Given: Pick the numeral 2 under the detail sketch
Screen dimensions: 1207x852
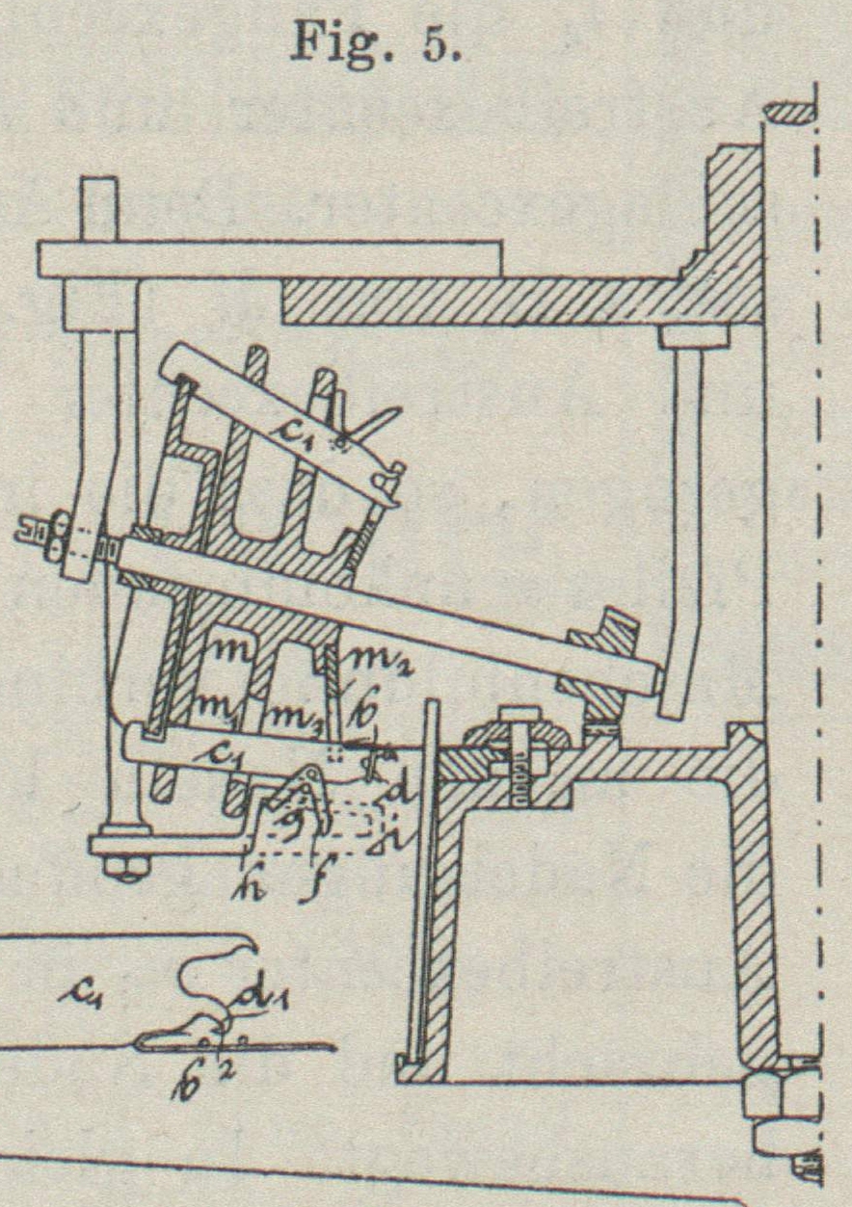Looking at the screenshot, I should coord(232,1071).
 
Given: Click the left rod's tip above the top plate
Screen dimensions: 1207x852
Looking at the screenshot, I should coord(99,206).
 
